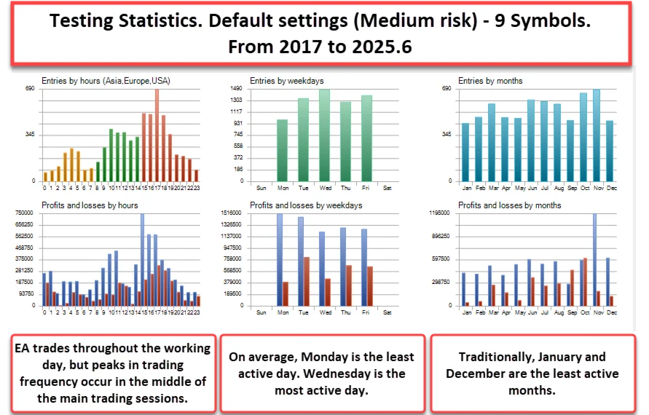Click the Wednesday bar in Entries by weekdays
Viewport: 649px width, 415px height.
coord(324,135)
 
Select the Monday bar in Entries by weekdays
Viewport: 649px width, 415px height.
coord(282,150)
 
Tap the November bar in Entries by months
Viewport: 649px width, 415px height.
coord(597,135)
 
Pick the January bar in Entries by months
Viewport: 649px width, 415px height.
coord(466,152)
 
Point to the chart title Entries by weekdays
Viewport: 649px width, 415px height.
coord(286,81)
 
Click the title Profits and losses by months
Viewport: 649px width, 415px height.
coord(500,206)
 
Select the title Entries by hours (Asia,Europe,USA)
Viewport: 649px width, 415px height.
coord(106,81)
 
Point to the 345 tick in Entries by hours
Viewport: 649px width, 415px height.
coord(30,135)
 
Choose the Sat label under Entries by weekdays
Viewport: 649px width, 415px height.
coord(387,188)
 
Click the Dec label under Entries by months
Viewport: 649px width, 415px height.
coord(610,188)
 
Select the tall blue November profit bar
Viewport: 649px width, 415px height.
coord(594,259)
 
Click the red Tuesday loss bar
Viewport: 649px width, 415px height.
coord(307,281)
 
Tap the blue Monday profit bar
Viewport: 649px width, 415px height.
coord(279,259)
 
